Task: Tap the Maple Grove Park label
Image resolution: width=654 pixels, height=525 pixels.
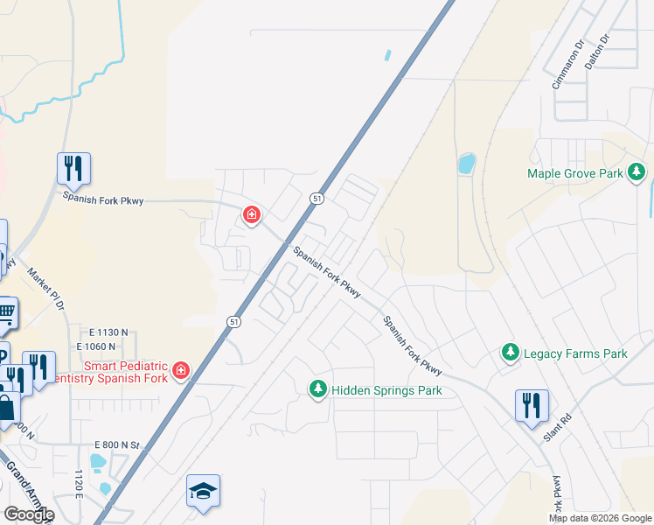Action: coord(575,173)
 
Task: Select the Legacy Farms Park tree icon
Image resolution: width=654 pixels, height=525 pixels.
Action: coord(511,353)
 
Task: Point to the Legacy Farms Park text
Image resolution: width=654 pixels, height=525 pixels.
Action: coord(575,354)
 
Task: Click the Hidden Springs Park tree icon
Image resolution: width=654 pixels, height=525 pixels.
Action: coord(318,389)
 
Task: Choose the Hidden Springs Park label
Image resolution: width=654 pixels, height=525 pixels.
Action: coord(386,390)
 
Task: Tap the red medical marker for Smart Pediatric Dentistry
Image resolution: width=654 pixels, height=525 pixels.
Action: coord(181,371)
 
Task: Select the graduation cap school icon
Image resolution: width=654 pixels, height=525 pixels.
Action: coord(203,492)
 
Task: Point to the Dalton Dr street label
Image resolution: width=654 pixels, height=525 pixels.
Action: coord(595,52)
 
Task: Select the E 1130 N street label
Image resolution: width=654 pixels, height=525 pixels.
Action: coord(108,332)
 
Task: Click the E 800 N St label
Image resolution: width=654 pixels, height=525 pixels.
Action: coord(115,445)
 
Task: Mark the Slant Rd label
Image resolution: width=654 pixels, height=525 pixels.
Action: coord(556,428)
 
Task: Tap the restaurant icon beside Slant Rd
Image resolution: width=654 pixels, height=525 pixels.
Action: coord(531,406)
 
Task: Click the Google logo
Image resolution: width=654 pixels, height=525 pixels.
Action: coord(28,514)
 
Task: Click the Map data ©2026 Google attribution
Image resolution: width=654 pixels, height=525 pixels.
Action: coord(599,518)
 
